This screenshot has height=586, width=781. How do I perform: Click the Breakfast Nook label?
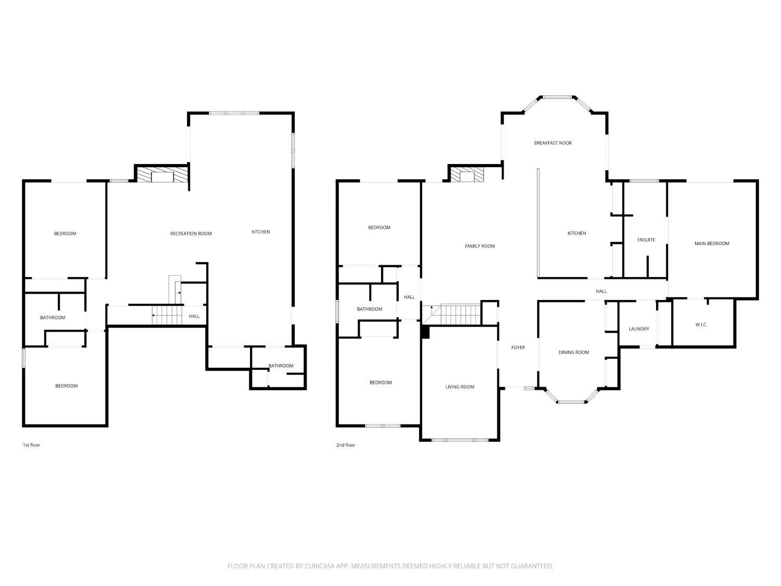pos(553,143)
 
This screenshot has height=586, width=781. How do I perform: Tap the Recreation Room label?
pos(191,234)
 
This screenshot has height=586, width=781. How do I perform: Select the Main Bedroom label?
pos(712,244)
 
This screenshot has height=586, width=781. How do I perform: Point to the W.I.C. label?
pos(701,325)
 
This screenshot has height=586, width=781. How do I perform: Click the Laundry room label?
pos(639,329)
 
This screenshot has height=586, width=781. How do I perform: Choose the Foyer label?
pos(518,347)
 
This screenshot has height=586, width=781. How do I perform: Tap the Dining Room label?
pos(574,353)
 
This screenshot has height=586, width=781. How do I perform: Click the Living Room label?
pos(460,387)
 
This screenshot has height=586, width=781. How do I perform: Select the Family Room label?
pos(480,246)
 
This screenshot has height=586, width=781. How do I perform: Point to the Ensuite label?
pos(646,240)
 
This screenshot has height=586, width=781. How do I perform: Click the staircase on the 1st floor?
pos(167,315)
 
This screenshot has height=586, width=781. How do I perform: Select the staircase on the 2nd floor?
pos(461,315)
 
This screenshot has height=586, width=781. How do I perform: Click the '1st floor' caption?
pos(31,445)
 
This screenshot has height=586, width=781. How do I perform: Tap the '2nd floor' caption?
pos(346,445)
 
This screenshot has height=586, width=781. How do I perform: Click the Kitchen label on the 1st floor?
pos(261,232)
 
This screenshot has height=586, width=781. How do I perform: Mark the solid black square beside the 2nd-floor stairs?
pos(425,332)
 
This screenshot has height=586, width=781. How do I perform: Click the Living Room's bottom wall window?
pos(460,440)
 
